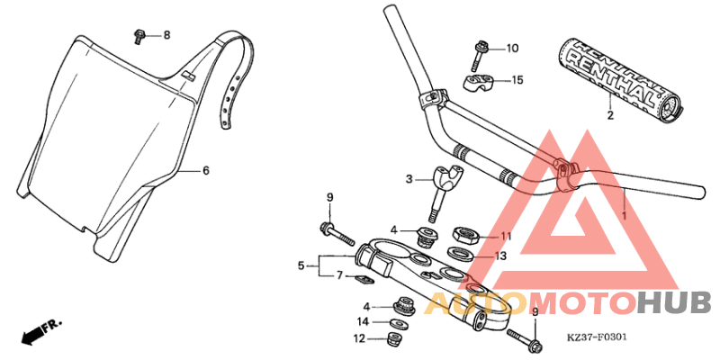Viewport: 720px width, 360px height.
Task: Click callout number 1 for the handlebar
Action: pyautogui.click(x=624, y=217)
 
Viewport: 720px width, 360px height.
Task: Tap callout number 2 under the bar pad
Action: pyautogui.click(x=609, y=116)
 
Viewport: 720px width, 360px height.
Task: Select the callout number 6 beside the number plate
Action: pyautogui.click(x=205, y=170)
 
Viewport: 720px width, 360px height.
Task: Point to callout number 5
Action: pyautogui.click(x=301, y=265)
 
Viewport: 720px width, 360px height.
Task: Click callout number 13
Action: pyautogui.click(x=502, y=256)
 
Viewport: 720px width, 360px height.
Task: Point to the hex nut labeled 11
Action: pyautogui.click(x=465, y=236)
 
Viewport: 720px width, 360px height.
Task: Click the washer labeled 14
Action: pyautogui.click(x=393, y=321)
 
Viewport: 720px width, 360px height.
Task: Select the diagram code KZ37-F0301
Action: pyautogui.click(x=597, y=339)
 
